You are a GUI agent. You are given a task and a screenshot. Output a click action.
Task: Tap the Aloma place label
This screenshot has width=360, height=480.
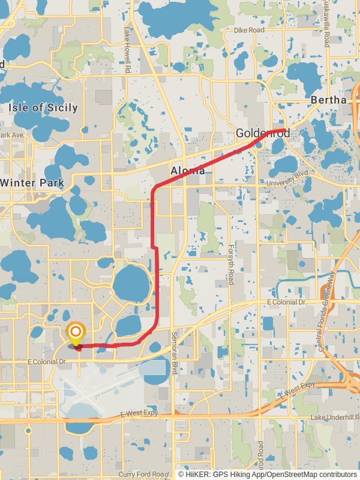pyautogui.click(x=188, y=171)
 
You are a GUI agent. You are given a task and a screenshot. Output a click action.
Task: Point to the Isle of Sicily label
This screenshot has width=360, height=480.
pyautogui.click(x=43, y=108)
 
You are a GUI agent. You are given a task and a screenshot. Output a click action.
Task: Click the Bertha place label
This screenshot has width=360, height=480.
pyautogui.click(x=328, y=100)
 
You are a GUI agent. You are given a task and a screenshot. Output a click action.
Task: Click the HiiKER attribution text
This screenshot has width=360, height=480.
pyautogui.click(x=267, y=474)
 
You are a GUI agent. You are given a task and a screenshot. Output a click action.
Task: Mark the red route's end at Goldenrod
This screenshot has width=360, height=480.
pyautogui.click(x=285, y=130)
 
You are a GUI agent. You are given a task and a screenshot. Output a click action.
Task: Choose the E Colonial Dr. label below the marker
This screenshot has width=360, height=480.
pyautogui.click(x=46, y=362)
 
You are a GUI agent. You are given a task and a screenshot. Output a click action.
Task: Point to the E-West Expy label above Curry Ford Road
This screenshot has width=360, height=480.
pyautogui.click(x=139, y=413)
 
